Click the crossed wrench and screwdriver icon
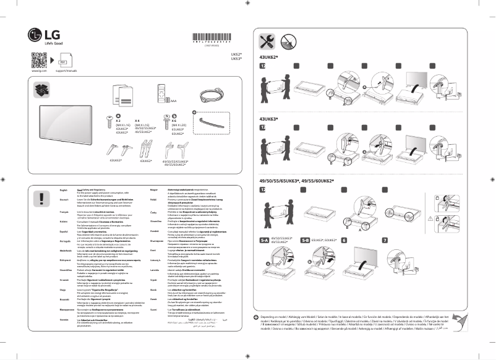pyautogui.click(x=268, y=41)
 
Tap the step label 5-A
pyautogui.click(x=266, y=239)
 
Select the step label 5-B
pyautogui.click(x=305, y=239)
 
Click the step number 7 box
pyautogui.click(x=385, y=239)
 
